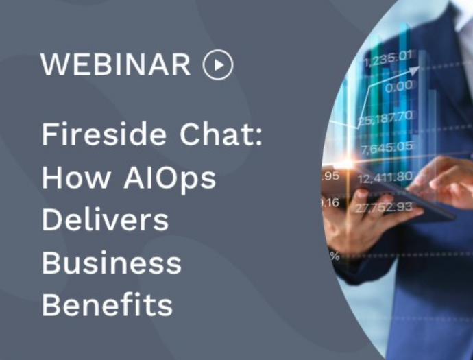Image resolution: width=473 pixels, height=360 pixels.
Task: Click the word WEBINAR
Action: click(x=116, y=64)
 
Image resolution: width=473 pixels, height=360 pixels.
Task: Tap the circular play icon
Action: click(x=218, y=64)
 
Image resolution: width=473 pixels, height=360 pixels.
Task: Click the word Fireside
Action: click(x=104, y=134)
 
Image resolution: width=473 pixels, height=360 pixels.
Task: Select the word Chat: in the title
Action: click(x=221, y=134)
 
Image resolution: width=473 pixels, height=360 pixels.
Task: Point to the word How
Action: click(x=76, y=177)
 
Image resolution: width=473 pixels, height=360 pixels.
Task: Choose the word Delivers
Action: click(x=106, y=219)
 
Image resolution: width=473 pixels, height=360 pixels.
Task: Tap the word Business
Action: click(x=112, y=263)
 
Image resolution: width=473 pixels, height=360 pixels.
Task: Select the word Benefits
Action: click(x=108, y=304)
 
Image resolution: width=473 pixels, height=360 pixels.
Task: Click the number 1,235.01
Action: click(x=387, y=59)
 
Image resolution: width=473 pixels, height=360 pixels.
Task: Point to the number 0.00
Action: click(x=399, y=86)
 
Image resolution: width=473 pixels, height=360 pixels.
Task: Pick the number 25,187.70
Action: click(x=385, y=118)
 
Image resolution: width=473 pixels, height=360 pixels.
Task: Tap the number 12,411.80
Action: click(x=385, y=178)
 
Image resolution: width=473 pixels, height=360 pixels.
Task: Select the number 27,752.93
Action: click(x=384, y=207)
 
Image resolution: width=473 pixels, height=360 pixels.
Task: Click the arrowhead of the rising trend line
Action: click(x=414, y=71)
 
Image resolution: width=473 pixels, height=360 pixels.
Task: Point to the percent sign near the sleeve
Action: click(x=335, y=256)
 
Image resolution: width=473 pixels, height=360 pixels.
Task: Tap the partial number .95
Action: click(x=331, y=176)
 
